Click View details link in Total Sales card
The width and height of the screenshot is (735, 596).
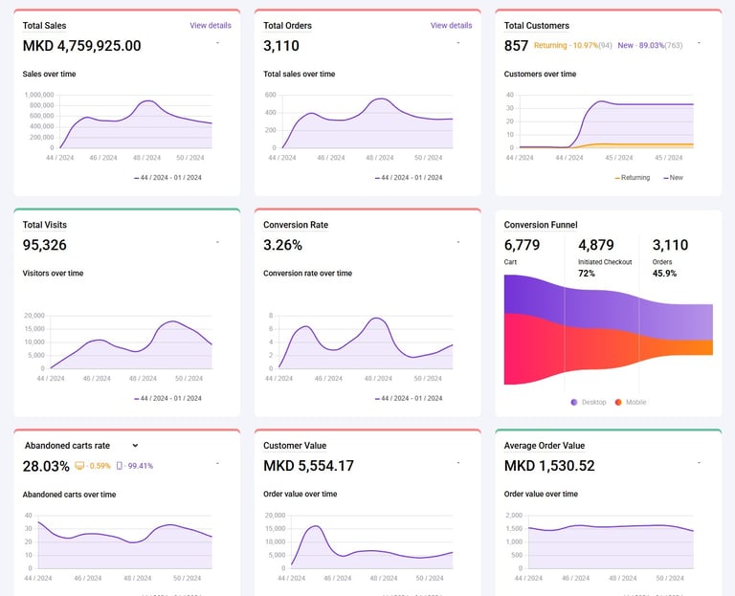[211, 26]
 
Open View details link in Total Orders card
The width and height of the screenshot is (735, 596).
[451, 26]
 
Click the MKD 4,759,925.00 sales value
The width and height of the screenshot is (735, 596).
[82, 46]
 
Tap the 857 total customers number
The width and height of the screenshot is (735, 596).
[516, 46]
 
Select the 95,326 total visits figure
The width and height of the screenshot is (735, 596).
[45, 245]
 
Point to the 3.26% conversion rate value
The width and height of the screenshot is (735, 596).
[282, 245]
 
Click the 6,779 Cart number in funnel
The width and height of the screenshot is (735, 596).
[522, 245]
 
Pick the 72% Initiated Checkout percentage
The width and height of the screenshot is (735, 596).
[587, 274]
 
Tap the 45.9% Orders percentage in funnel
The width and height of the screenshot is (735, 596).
[664, 274]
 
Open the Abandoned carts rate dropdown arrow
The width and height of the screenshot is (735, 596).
[135, 446]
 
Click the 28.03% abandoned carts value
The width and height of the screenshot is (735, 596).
[46, 466]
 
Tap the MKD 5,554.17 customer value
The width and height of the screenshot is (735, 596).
[308, 466]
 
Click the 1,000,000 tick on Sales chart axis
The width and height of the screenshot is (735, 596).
[39, 95]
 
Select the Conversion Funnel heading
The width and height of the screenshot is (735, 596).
[541, 225]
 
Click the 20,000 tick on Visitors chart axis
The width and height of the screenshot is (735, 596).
[34, 316]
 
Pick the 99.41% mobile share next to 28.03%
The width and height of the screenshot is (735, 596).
[135, 466]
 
